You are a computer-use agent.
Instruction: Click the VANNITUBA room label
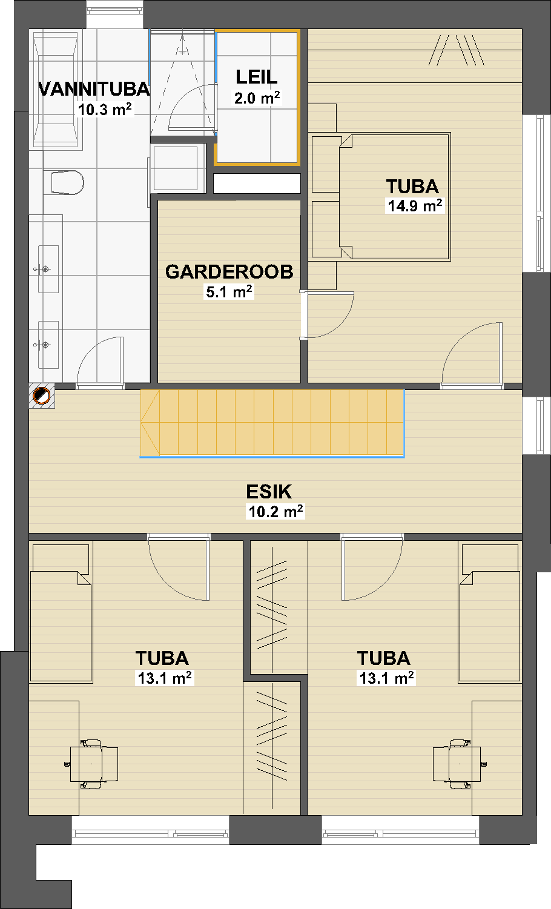pyautogui.click(x=94, y=89)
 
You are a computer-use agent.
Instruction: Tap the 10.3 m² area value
pyautogui.click(x=105, y=110)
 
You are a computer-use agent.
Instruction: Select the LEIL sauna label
pyautogui.click(x=257, y=77)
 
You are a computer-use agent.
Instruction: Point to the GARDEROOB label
pyautogui.click(x=229, y=272)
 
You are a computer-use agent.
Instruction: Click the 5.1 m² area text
pyautogui.click(x=229, y=292)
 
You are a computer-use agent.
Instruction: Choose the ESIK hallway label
pyautogui.click(x=269, y=492)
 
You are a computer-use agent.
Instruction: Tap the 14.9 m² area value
pyautogui.click(x=415, y=206)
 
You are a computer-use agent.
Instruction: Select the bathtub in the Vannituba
pyautogui.click(x=56, y=89)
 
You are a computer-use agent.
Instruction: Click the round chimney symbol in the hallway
pyautogui.click(x=41, y=395)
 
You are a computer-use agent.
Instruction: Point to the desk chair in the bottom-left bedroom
pyautogui.click(x=94, y=764)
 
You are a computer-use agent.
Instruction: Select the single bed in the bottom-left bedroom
pyautogui.click(x=61, y=613)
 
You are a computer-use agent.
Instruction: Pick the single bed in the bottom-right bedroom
pyautogui.click(x=489, y=613)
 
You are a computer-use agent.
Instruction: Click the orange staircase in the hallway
pyautogui.click(x=272, y=423)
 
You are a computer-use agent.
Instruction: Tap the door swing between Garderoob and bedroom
pyautogui.click(x=329, y=314)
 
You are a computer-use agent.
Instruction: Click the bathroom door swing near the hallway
pyautogui.click(x=100, y=360)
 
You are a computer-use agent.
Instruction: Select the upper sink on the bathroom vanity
pyautogui.click(x=48, y=269)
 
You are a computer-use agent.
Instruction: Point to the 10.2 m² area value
pyautogui.click(x=275, y=512)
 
